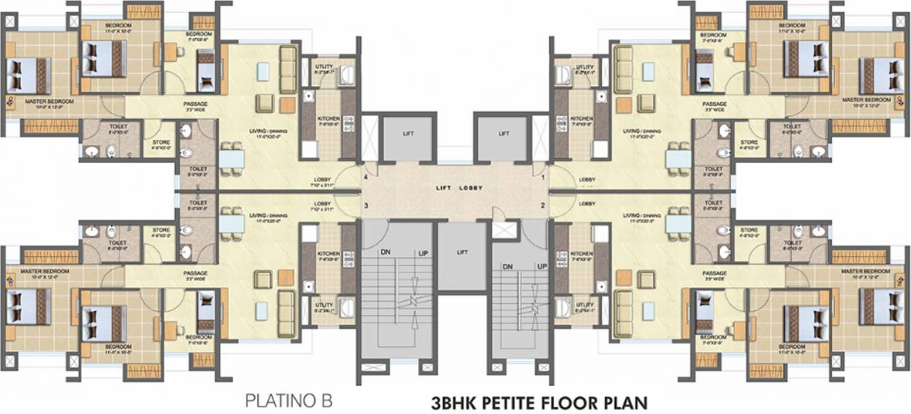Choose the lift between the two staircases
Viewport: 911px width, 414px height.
[x=462, y=252]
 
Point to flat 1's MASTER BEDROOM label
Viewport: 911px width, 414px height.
[x=867, y=100]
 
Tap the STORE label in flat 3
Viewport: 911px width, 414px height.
[x=161, y=231]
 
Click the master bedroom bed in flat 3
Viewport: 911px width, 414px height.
[x=29, y=306]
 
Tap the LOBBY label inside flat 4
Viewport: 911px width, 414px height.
[x=323, y=180]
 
